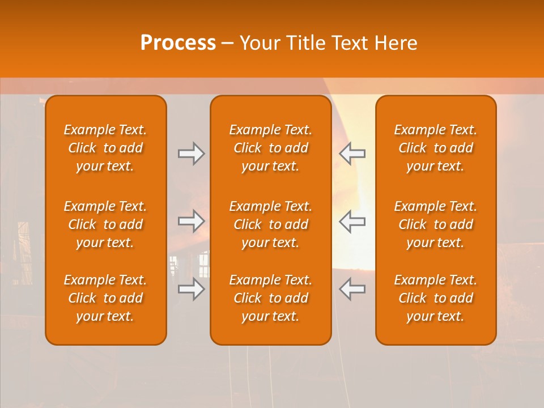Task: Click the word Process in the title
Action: pos(178,43)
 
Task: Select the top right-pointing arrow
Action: pos(191,154)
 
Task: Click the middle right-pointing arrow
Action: pos(191,221)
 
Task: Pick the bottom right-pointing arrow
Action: pos(191,289)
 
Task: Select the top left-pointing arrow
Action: pos(352,154)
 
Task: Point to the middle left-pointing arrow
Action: pos(352,221)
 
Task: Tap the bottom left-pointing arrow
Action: pos(352,289)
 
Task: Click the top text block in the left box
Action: pos(105,148)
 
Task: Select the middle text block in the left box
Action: pos(105,224)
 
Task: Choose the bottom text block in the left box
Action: pos(105,298)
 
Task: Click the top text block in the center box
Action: pos(271,148)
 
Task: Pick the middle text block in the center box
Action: pos(271,224)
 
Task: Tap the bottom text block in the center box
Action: pos(271,298)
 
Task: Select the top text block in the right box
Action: pos(436,148)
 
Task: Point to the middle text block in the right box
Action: pos(436,224)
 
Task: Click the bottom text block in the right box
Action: pos(436,298)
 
